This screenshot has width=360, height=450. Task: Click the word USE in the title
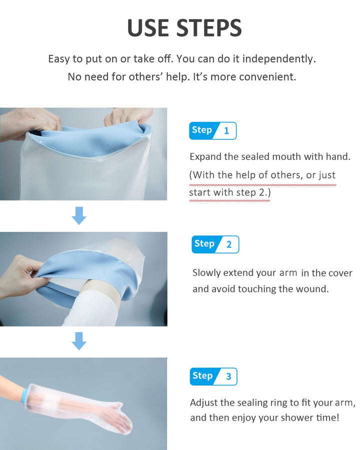coord(148,28)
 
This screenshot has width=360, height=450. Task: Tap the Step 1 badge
coord(212,130)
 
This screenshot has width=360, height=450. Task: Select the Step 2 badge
coord(215,244)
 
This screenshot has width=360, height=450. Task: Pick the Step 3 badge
coord(213,376)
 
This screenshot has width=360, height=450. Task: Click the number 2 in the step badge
coord(229,244)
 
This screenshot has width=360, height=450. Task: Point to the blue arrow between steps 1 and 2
coord(79,215)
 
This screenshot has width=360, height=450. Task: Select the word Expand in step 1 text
coord(205,156)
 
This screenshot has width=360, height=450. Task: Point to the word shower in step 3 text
coord(283,417)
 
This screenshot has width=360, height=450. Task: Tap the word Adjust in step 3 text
coord(204,402)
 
